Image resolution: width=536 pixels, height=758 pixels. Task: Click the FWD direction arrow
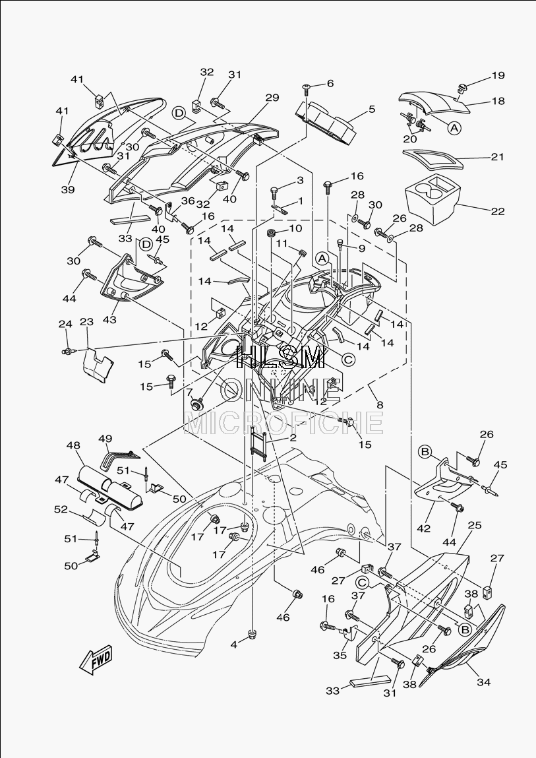96,659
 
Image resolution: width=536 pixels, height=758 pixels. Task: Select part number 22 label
497,211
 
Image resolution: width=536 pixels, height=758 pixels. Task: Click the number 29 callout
272,98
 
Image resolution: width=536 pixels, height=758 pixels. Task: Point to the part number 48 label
73,445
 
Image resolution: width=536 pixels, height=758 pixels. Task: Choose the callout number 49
105,439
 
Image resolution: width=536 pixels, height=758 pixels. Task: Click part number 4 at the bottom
234,645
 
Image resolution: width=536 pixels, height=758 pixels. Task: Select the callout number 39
68,189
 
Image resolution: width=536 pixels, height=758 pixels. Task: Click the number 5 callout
372,110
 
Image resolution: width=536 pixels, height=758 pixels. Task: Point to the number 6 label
330,83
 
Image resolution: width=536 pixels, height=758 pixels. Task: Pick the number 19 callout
498,75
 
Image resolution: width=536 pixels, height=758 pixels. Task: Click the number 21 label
497,156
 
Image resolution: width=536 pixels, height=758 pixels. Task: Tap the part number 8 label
380,404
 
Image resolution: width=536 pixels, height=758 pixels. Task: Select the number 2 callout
293,438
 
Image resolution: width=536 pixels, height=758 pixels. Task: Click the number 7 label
189,391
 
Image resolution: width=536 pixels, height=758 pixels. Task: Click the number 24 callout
65,323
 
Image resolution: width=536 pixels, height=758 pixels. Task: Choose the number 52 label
61,509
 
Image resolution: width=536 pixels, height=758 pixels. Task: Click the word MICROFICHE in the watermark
283,424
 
